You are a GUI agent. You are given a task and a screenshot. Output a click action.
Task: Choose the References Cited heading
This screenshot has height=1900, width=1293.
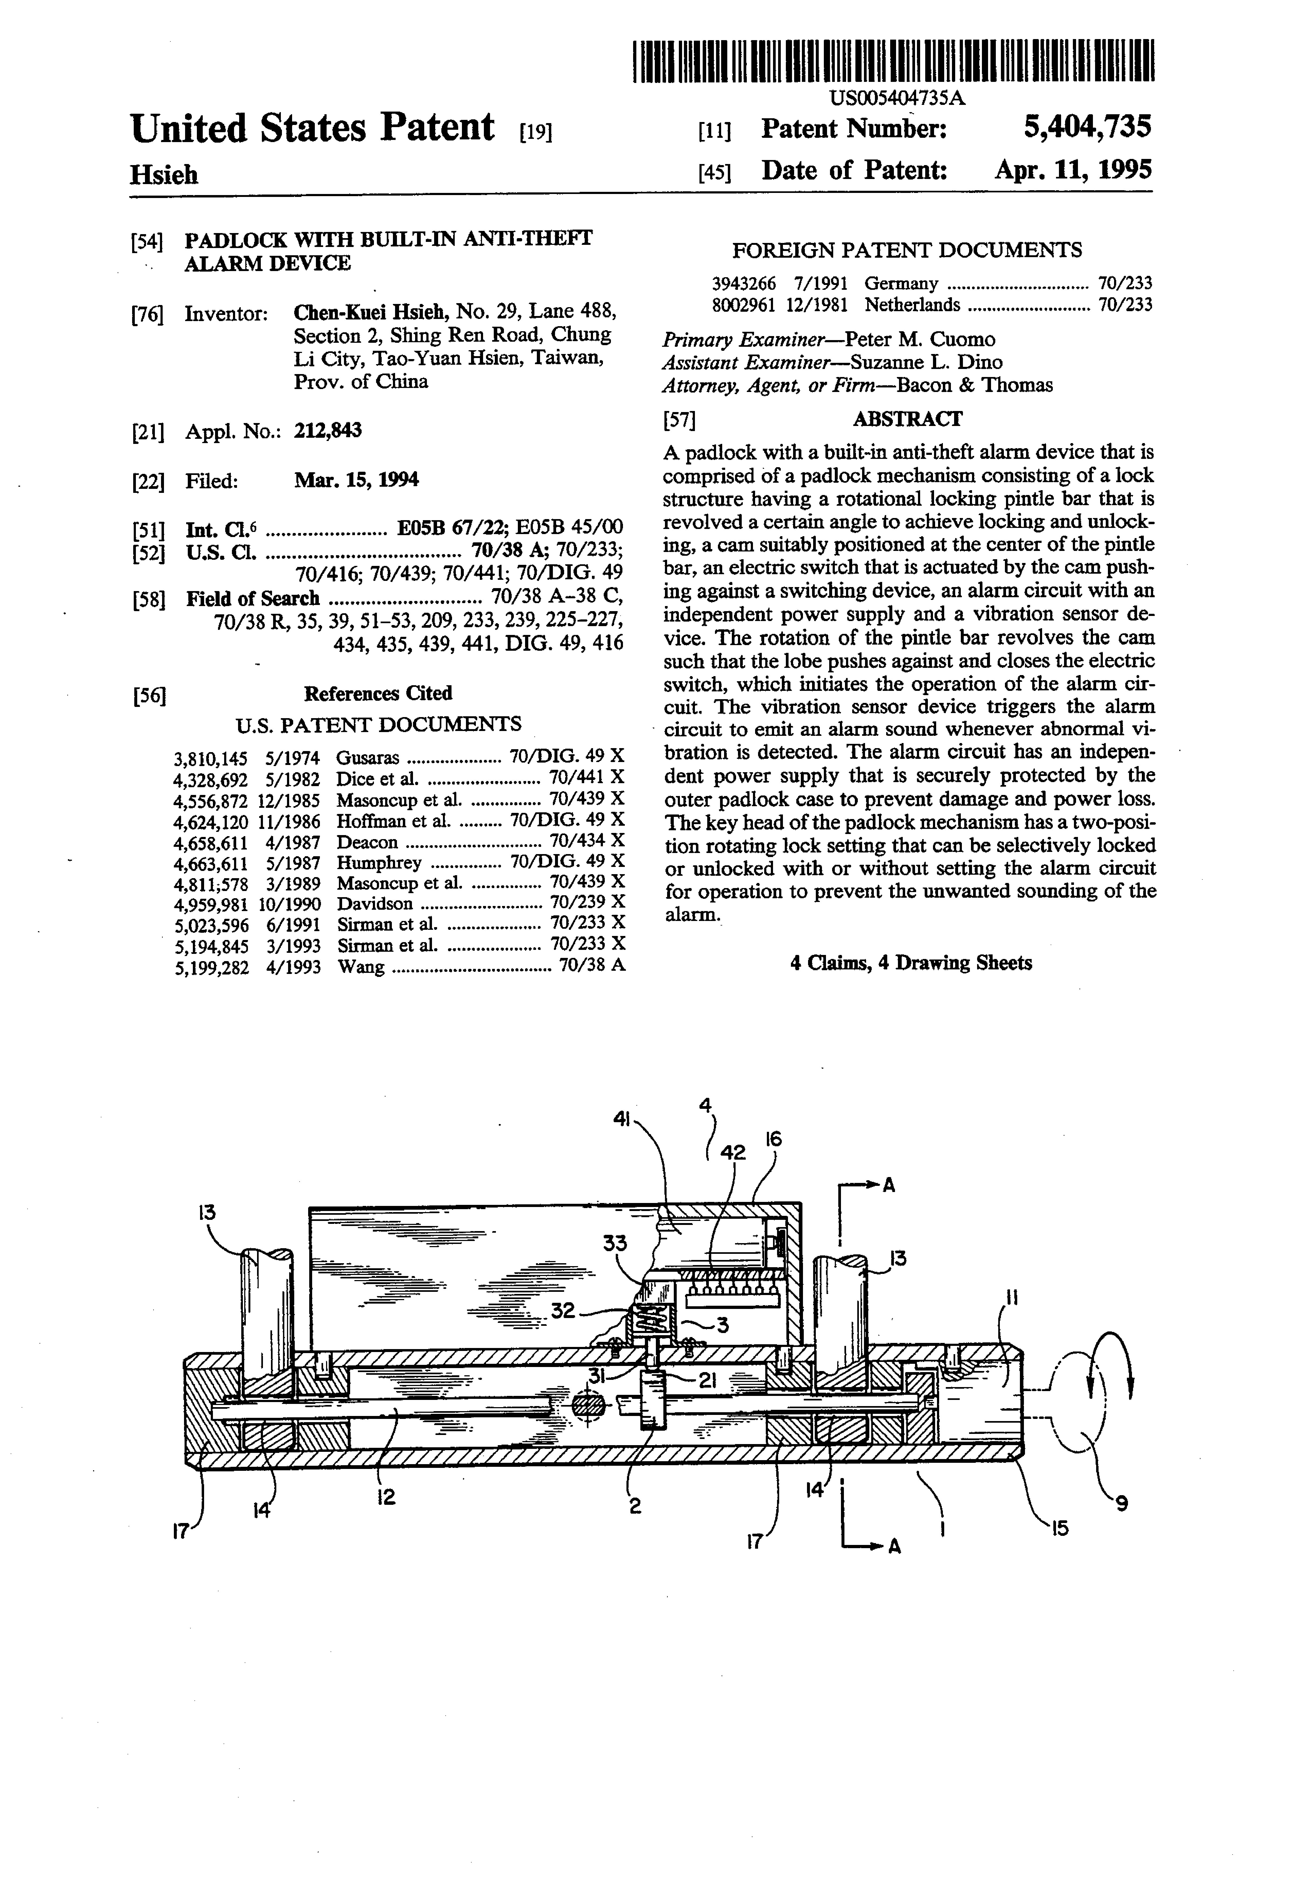(x=378, y=693)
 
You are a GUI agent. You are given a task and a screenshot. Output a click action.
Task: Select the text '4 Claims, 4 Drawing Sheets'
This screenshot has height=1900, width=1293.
(x=911, y=963)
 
